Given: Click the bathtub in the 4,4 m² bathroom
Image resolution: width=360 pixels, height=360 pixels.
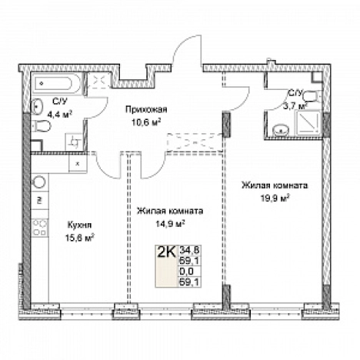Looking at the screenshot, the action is [58, 82].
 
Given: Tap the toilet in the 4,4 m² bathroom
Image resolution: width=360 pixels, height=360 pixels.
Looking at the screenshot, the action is [42, 125].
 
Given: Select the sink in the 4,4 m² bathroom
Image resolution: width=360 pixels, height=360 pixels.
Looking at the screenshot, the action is [37, 105].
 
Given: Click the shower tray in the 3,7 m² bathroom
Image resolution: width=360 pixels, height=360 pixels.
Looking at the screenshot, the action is [309, 123].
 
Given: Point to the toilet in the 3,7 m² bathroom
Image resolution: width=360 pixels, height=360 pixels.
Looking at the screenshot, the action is [312, 97].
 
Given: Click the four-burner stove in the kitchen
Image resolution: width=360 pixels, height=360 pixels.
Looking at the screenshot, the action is [40, 228].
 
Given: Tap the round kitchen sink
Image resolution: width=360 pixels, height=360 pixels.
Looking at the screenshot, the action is [39, 182].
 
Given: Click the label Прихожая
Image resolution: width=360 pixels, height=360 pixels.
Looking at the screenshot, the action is [146, 109].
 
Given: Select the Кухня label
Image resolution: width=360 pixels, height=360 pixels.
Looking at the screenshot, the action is [79, 225].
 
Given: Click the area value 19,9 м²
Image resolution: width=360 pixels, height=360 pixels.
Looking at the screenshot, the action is [275, 198].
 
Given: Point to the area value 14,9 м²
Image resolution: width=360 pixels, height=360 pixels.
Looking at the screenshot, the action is [171, 224].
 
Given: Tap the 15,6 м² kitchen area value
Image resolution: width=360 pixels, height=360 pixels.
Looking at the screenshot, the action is [79, 238].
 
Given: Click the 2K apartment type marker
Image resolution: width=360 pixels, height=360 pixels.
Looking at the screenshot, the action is [166, 252].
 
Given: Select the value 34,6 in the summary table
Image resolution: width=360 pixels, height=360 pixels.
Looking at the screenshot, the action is [190, 249].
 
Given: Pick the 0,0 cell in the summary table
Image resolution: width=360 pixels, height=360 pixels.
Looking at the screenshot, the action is [187, 271].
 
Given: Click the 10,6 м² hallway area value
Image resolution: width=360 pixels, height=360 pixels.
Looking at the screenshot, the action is [146, 122].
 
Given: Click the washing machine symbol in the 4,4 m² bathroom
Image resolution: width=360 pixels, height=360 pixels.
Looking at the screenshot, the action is [75, 142].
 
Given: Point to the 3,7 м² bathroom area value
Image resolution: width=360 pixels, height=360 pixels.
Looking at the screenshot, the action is [295, 106].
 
